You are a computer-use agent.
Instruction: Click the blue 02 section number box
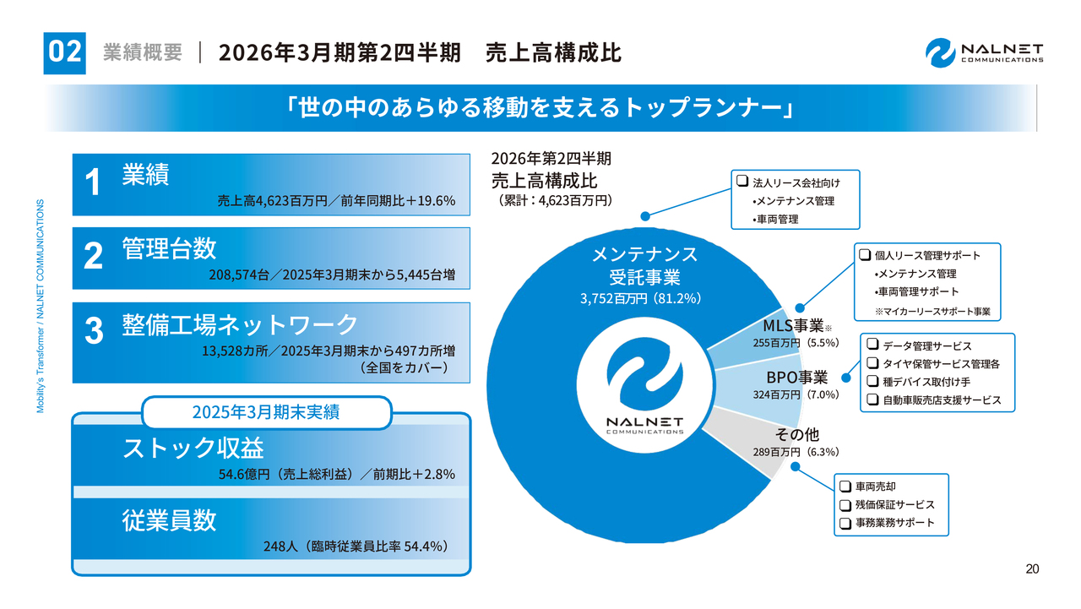pyautogui.click(x=64, y=52)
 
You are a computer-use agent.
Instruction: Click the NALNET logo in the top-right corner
pyautogui.click(x=984, y=52)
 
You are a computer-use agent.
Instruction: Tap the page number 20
pyautogui.click(x=1032, y=568)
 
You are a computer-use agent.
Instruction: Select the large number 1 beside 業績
pyautogui.click(x=94, y=183)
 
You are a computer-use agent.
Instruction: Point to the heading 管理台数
pyautogui.click(x=169, y=248)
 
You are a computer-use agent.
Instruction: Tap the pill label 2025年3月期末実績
pyautogui.click(x=266, y=413)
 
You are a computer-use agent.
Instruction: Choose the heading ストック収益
pyautogui.click(x=193, y=448)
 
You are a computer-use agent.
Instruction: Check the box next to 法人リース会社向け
pyautogui.click(x=742, y=182)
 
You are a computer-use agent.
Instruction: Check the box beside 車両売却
pyautogui.click(x=845, y=487)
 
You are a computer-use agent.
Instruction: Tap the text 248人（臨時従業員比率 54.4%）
pyautogui.click(x=355, y=546)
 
